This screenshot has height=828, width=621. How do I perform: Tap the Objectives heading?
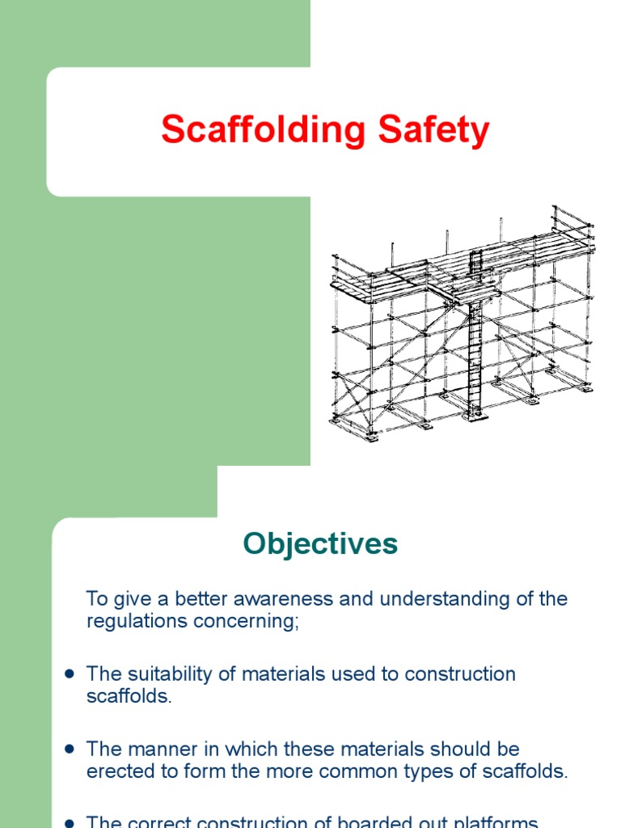(321, 544)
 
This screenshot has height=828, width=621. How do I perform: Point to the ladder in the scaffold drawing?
(475, 348)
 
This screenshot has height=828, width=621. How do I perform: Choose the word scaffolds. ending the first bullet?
(129, 696)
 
